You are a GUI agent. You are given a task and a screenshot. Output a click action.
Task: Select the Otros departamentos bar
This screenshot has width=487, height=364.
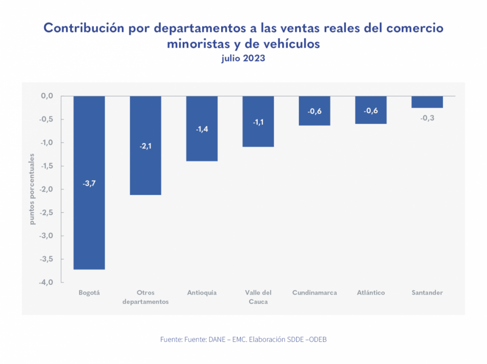[x=145, y=171]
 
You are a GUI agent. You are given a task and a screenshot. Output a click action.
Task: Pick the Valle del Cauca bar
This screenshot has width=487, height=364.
[x=258, y=135]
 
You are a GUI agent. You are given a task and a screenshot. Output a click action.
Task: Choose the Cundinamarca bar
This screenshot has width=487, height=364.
[x=314, y=119]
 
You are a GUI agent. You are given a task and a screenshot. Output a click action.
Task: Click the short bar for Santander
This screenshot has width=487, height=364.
[x=427, y=102]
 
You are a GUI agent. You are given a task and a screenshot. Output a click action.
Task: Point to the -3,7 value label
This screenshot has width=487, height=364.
[x=89, y=183]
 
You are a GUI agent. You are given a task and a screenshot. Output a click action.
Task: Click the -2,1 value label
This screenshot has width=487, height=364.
[x=145, y=146]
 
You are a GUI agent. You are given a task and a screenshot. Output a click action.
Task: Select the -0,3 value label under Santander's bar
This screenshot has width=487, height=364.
[x=427, y=118]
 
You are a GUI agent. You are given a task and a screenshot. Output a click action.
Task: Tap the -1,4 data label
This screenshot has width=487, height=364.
[x=202, y=129]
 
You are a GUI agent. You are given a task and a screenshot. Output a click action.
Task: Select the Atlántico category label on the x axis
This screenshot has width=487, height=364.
[x=371, y=293]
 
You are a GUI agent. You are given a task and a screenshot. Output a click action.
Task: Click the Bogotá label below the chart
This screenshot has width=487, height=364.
[x=89, y=293]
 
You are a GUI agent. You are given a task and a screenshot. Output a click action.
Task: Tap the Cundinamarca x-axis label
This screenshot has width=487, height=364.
[x=314, y=293]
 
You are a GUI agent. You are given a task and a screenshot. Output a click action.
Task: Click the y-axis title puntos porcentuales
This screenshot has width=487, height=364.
[x=32, y=189]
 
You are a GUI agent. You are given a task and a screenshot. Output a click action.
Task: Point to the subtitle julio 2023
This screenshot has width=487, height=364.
[x=243, y=59]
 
